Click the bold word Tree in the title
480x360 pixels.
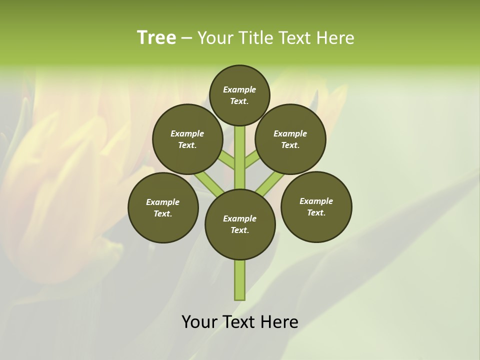pos(156,38)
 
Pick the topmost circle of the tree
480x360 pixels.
pos(239,95)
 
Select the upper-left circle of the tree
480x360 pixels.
pos(187,139)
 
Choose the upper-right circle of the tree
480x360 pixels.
pos(290,139)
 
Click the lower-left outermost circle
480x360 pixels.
pos(163,207)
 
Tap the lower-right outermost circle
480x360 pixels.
pos(316,206)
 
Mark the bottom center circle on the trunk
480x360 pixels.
pos(240,224)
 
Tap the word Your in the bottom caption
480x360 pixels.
pos(199,322)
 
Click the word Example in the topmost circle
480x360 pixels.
pos(239,89)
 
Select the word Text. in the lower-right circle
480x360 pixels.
pos(316,212)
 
